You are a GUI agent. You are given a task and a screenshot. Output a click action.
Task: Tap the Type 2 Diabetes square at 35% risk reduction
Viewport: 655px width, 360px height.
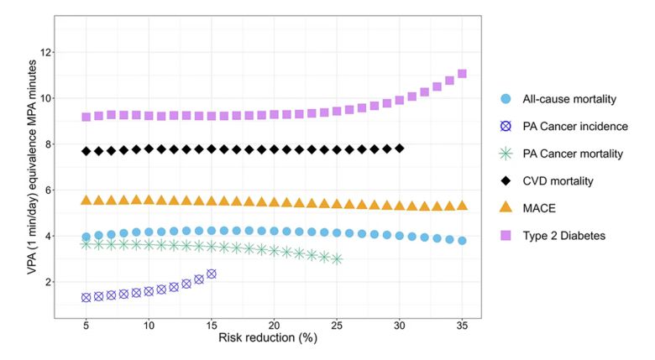tap(462, 74)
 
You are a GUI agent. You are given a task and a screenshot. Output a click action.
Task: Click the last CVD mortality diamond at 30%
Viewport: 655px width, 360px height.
tap(400, 149)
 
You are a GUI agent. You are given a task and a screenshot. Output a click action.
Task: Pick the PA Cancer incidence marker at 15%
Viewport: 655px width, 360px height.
tap(212, 274)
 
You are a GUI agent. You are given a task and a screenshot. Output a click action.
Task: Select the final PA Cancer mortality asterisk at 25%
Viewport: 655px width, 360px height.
tap(337, 259)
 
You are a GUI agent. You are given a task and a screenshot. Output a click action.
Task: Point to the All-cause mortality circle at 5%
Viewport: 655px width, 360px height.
tap(86, 237)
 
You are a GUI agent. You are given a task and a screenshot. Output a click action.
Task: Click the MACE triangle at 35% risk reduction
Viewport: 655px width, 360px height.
tap(462, 206)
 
